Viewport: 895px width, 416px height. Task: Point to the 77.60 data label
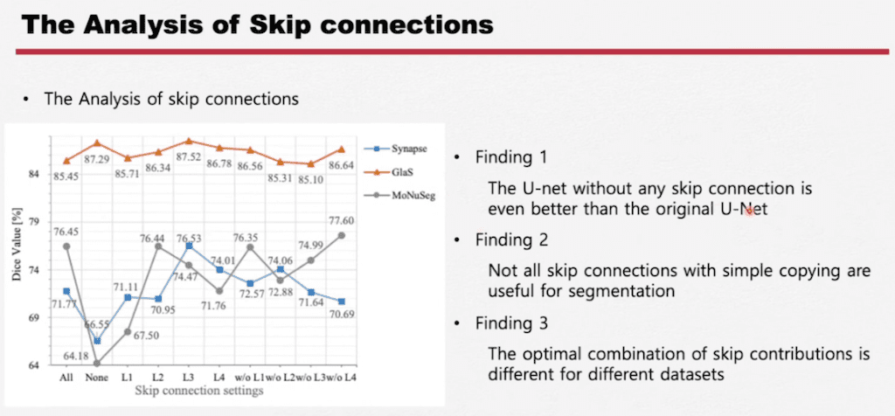[x=342, y=220]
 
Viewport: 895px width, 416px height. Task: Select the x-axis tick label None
[x=97, y=378]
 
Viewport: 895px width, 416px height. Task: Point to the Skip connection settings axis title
[x=199, y=391]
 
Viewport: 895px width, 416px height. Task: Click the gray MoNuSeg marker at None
[x=97, y=363]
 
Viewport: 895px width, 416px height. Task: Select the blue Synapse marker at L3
[x=190, y=246]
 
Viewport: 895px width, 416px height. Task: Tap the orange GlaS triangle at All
[x=66, y=160]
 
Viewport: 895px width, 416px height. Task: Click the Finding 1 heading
[x=511, y=157]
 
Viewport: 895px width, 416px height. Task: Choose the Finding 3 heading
[x=512, y=323]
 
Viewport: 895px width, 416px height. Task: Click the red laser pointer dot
[x=749, y=211]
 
